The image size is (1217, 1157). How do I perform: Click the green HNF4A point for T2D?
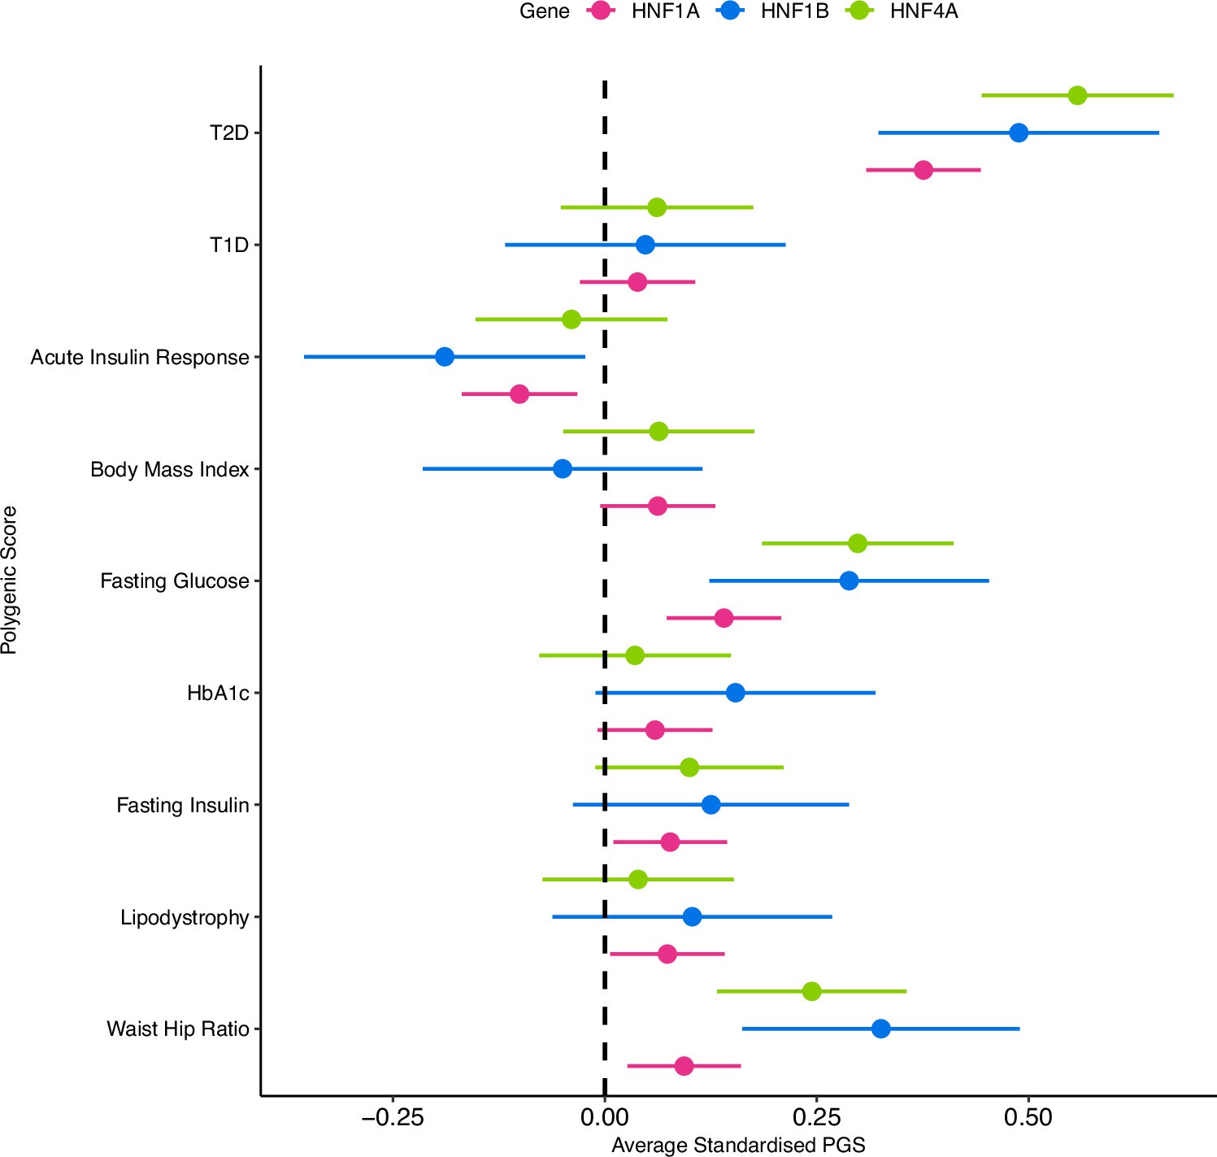tap(1077, 95)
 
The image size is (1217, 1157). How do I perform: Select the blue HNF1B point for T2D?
tap(1018, 133)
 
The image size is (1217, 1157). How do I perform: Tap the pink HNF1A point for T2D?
tap(923, 170)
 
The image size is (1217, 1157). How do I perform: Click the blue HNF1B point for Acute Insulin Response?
tap(445, 357)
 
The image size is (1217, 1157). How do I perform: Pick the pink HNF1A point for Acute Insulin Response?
tap(519, 394)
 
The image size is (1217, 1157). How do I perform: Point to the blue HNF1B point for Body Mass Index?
tap(563, 469)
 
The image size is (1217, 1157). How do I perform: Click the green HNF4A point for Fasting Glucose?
tap(858, 543)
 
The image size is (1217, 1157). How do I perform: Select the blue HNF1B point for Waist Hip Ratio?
tap(880, 1029)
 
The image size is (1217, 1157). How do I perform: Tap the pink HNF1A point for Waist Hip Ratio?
tap(684, 1066)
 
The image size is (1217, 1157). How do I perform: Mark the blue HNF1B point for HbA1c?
tap(735, 693)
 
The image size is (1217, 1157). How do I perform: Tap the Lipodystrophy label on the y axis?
tap(185, 917)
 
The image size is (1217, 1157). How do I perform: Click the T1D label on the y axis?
tap(229, 245)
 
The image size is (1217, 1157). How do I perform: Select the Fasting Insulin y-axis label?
tap(182, 805)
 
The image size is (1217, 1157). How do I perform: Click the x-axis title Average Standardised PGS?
tap(738, 1145)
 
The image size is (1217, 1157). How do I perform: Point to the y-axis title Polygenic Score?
tap(10, 580)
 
